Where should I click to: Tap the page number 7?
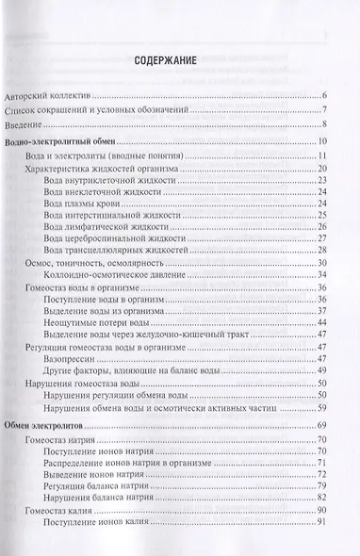[323, 111]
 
